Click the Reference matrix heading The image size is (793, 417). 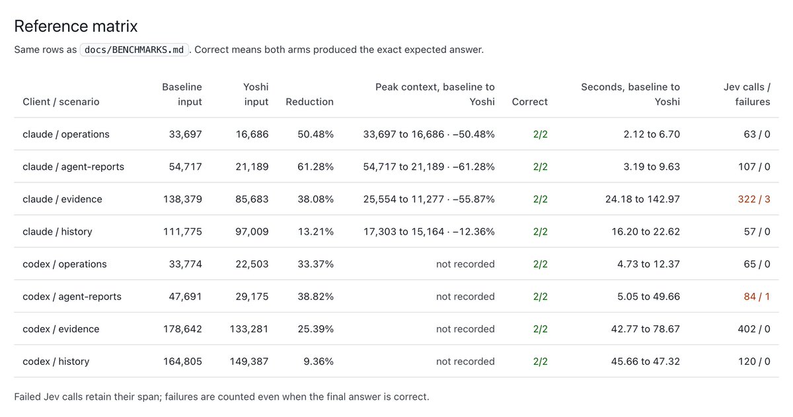click(76, 26)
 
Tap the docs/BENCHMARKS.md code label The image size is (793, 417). click(134, 50)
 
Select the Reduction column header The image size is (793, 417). click(309, 102)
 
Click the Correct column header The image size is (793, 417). click(529, 102)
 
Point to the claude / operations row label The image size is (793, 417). click(66, 135)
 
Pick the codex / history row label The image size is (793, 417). click(56, 361)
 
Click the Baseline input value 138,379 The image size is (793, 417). click(182, 200)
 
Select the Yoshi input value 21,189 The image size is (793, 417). click(252, 167)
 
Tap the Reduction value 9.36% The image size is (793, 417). click(319, 361)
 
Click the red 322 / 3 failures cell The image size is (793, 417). click(754, 200)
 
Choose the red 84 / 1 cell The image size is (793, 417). click(757, 297)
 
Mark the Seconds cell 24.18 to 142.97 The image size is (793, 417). click(642, 200)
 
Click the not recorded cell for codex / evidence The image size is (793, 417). click(465, 329)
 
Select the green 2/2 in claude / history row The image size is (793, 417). click(541, 232)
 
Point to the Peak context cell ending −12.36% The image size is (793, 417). click(429, 232)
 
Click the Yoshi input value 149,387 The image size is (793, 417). click(249, 361)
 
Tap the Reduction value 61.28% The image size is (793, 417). click(315, 167)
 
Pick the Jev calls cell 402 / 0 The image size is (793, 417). click(754, 329)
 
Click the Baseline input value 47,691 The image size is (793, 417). click(185, 297)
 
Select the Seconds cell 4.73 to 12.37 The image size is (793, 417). click(648, 264)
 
